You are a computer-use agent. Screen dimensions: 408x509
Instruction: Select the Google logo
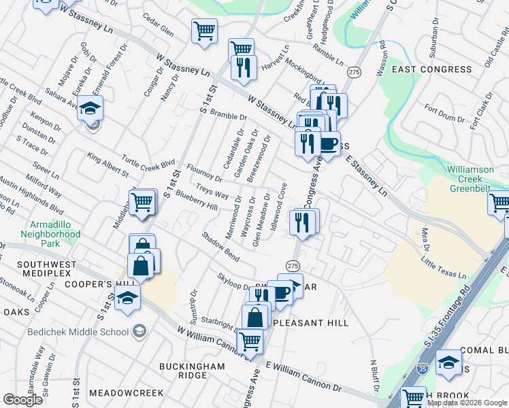(22, 400)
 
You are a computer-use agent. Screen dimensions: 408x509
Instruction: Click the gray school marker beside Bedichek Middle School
(139, 331)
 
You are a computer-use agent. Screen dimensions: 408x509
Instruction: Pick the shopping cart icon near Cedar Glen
(203, 31)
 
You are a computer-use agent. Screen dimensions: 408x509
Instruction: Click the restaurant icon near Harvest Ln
(241, 67)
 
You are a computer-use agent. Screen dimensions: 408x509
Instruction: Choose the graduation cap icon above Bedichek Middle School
(127, 298)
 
